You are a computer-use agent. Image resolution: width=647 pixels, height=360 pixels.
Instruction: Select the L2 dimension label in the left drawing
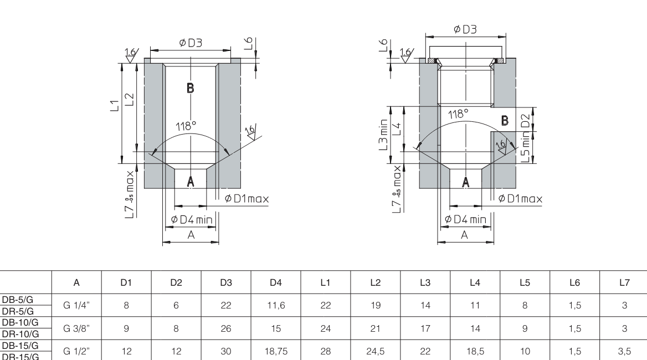point(129,99)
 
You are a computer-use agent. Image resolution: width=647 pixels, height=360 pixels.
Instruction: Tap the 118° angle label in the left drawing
point(186,126)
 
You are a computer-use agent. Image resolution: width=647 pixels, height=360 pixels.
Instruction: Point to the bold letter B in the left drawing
point(189,89)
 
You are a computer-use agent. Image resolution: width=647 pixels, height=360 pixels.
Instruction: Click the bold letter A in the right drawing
point(465,182)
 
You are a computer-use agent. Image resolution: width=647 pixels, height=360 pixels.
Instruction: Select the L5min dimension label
point(526,148)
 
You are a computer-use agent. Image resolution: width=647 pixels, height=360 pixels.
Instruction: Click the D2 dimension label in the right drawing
point(526,119)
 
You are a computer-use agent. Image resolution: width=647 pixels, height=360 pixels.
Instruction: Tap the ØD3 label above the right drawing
point(465,30)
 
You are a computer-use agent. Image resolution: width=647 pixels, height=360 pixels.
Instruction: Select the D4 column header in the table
point(275,283)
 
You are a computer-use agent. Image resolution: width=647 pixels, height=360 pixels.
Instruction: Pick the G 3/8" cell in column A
point(76,328)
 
